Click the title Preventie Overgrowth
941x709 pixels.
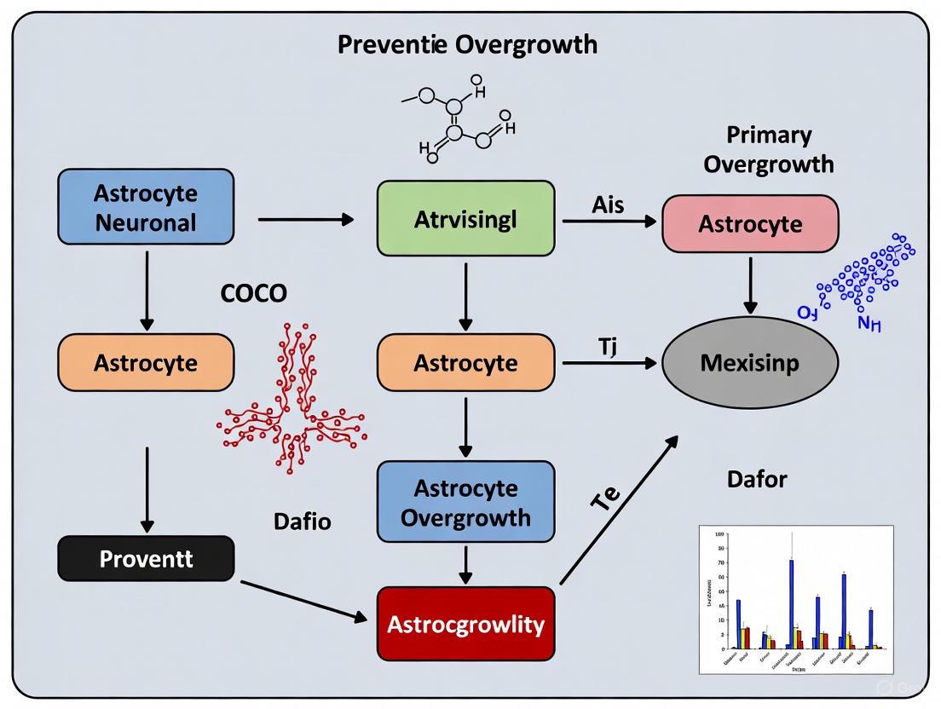[467, 45]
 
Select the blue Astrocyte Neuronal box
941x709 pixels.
[145, 207]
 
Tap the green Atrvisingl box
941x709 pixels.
[465, 218]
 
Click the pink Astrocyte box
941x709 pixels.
[750, 224]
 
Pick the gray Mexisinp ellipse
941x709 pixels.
[749, 362]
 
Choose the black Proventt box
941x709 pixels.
[146, 559]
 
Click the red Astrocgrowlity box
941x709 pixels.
[465, 624]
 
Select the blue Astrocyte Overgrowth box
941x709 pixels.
[465, 503]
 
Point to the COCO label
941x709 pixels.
[253, 294]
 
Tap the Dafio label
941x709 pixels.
[302, 522]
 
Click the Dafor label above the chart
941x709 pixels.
[756, 479]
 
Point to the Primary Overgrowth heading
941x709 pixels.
[768, 149]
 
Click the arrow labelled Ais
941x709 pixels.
[609, 221]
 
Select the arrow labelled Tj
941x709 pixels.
[609, 362]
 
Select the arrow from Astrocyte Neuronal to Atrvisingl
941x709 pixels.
[305, 220]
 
